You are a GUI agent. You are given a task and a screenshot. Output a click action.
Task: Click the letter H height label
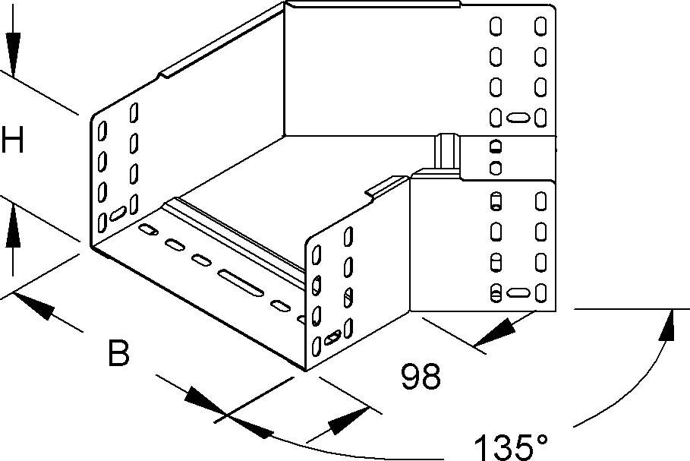point(12,139)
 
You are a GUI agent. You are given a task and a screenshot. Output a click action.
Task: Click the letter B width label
point(118,352)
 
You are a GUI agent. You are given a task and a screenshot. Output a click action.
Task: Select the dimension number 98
point(421,377)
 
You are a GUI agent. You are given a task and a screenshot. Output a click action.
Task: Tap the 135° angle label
point(511,447)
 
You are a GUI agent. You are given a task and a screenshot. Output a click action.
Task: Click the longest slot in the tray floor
point(241,283)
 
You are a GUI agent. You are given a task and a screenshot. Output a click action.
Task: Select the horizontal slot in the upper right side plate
point(518,118)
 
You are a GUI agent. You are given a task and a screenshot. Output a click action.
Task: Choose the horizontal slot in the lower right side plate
point(518,293)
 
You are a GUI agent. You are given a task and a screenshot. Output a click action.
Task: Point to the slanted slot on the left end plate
point(118,213)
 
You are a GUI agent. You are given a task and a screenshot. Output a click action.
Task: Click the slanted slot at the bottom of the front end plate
point(332,337)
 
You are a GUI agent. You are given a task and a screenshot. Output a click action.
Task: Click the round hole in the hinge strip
point(496,168)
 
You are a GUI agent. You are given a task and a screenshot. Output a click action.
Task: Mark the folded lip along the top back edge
point(372,4)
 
